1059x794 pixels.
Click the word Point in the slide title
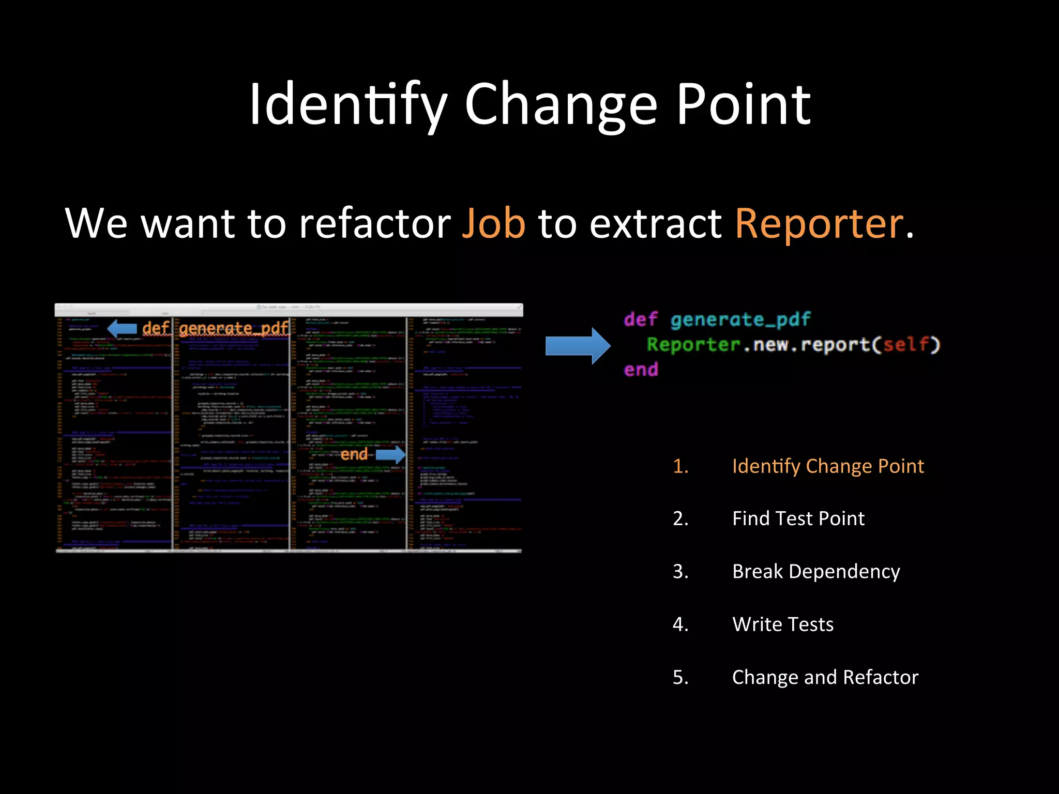(x=744, y=105)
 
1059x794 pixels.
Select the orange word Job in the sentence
(x=493, y=224)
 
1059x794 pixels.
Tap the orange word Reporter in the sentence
(x=819, y=224)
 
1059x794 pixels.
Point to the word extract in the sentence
(x=656, y=224)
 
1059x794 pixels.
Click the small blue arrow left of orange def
(x=122, y=328)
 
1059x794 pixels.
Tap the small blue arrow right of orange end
(x=390, y=455)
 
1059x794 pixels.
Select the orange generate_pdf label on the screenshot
(x=234, y=328)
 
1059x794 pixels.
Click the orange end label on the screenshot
(x=354, y=455)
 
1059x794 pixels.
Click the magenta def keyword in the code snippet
(x=641, y=319)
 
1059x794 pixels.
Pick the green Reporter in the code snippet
(x=693, y=345)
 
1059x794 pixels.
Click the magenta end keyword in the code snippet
(x=641, y=370)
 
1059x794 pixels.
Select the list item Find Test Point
(x=798, y=518)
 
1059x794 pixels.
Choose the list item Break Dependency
(x=816, y=572)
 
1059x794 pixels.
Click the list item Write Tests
(x=783, y=624)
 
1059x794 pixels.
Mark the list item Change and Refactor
(x=825, y=677)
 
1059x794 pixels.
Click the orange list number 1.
(x=680, y=466)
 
